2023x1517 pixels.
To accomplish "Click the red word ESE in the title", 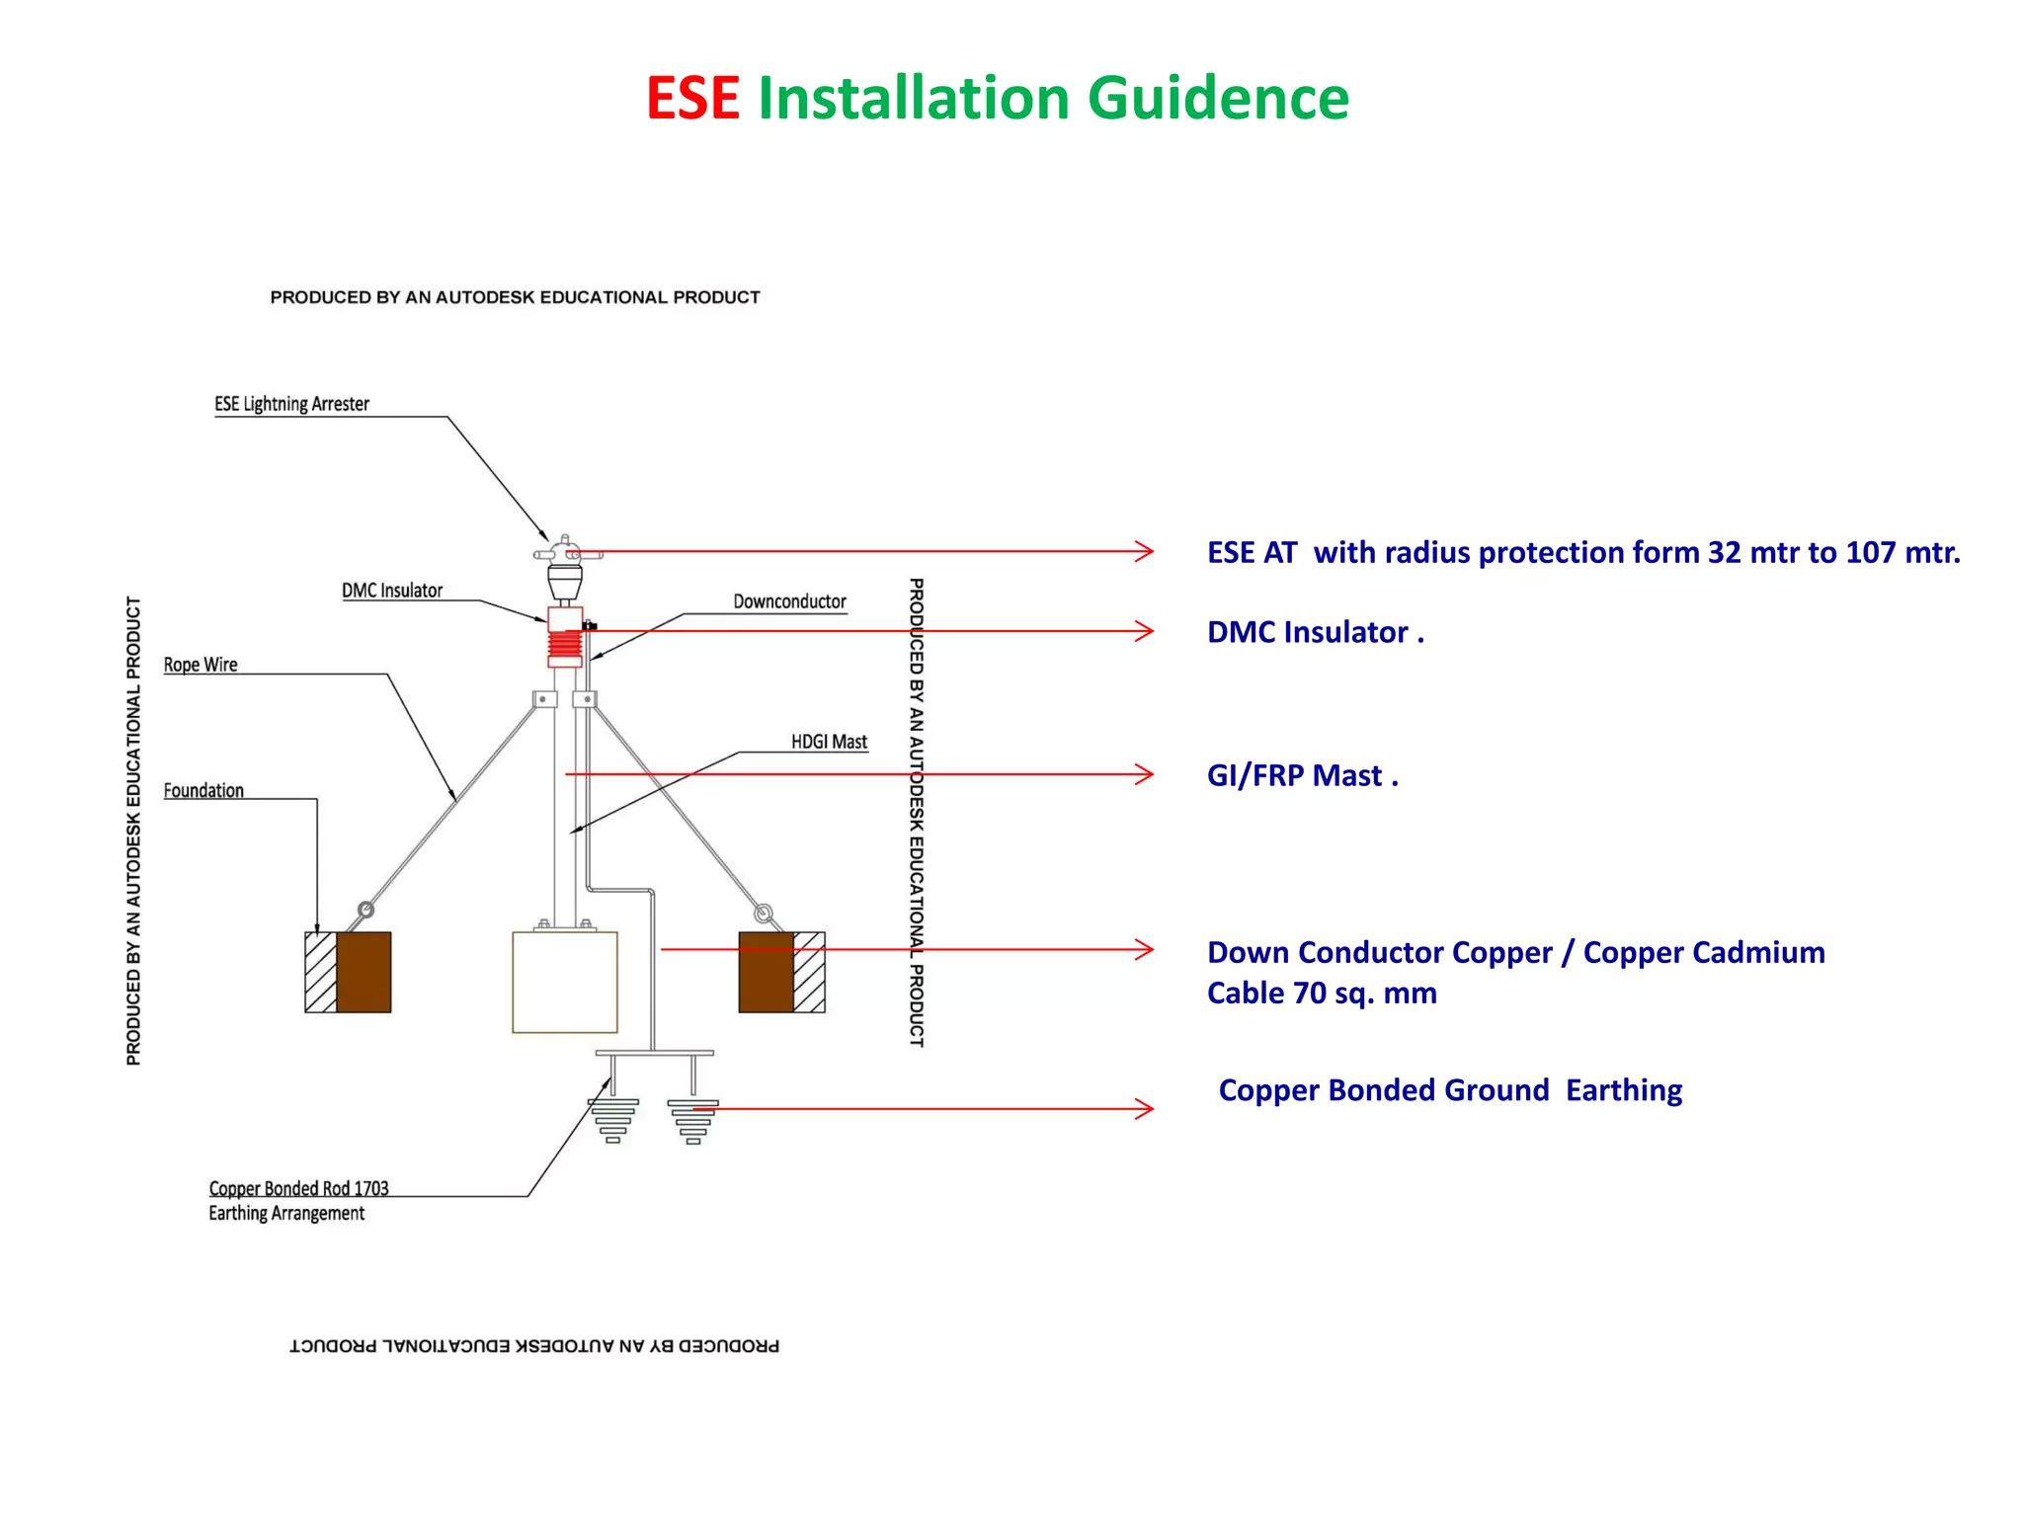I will [x=692, y=99].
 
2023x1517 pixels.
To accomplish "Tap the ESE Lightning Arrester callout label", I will [x=291, y=404].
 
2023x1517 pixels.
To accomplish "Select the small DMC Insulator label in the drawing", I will [x=391, y=591].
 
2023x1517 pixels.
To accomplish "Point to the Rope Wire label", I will [x=201, y=665].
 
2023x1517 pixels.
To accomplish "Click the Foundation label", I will [x=203, y=790].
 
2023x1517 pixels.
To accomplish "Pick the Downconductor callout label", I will [x=789, y=601].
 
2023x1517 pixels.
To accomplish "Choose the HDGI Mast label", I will [x=829, y=742].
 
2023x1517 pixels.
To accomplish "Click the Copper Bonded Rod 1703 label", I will [x=298, y=1188].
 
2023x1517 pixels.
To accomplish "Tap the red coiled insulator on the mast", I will [x=566, y=647].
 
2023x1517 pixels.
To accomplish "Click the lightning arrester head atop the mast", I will [x=565, y=563].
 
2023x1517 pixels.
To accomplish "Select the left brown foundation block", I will [x=364, y=972].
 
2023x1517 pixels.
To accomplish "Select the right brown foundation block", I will [x=767, y=972].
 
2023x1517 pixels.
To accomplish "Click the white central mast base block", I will [x=565, y=982].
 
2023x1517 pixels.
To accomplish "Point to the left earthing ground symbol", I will [x=613, y=1121].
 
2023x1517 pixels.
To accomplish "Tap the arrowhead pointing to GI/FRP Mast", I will [x=1145, y=774].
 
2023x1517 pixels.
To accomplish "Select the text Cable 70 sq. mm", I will [x=1322, y=993].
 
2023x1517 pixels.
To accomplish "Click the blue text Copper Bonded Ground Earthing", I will [x=1449, y=1090].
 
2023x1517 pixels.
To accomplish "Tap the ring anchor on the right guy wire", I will [x=763, y=913].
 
